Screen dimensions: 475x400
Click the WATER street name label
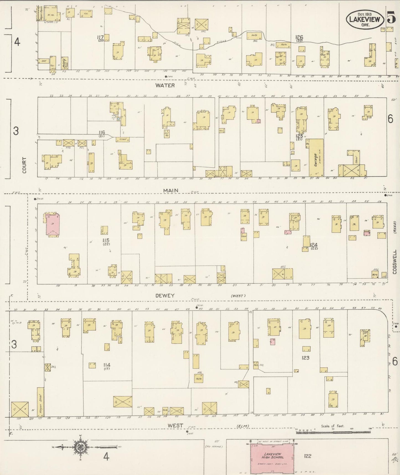[165, 85]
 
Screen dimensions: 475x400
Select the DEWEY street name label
[165, 295]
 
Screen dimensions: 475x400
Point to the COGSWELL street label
[394, 262]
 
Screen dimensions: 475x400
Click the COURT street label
[24, 165]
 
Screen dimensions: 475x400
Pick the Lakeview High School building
[272, 455]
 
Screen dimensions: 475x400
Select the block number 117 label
[100, 37]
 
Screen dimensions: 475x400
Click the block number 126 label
[299, 37]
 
